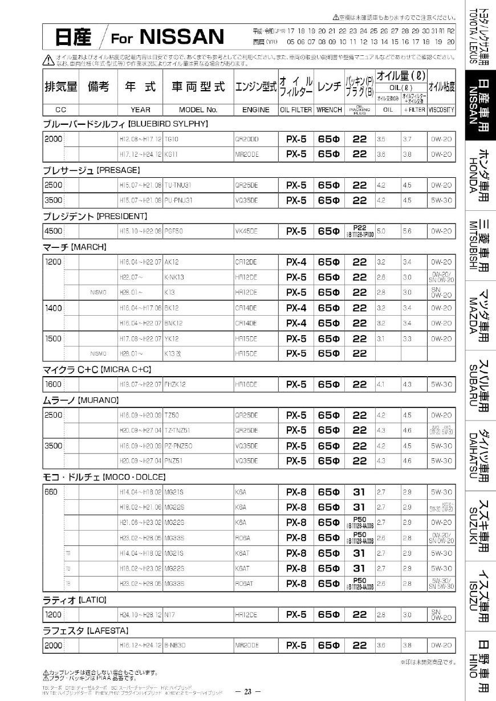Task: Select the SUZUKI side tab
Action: [x=481, y=524]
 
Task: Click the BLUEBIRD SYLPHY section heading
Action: [x=125, y=124]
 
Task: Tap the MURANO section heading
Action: [x=81, y=400]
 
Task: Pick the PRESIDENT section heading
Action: [x=96, y=216]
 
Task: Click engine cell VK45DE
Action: [x=246, y=231]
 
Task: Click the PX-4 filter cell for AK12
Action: [x=296, y=262]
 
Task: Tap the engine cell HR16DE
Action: [x=246, y=385]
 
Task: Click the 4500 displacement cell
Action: [x=54, y=231]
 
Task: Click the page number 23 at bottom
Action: [x=248, y=692]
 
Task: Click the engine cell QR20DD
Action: [x=247, y=138]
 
